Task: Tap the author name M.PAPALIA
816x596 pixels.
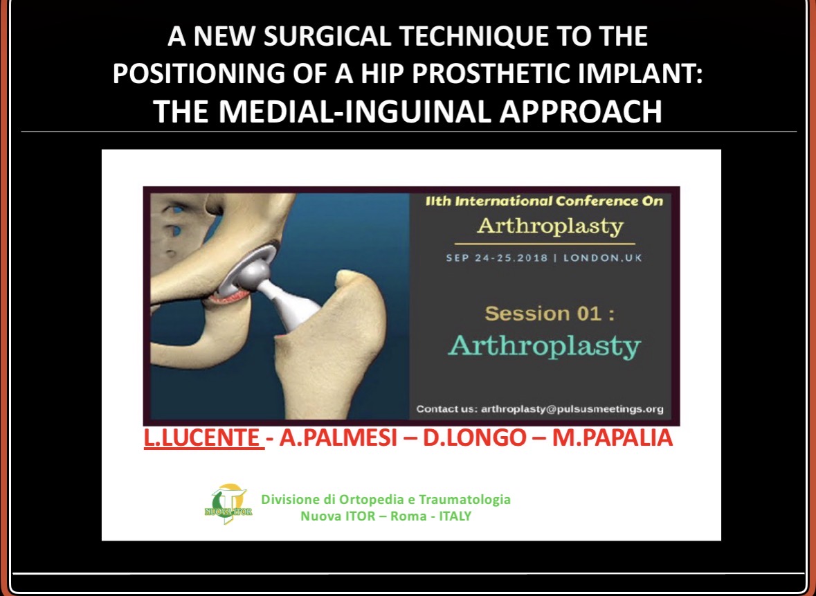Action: point(612,437)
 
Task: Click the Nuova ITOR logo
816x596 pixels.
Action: point(228,503)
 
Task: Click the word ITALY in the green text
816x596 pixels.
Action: point(455,516)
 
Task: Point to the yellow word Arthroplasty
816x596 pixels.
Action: point(550,226)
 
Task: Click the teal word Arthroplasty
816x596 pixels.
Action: point(545,347)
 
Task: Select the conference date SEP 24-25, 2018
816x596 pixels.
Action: point(497,258)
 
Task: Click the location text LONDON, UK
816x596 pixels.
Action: point(603,258)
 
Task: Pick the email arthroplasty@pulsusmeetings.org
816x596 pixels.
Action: point(572,409)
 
